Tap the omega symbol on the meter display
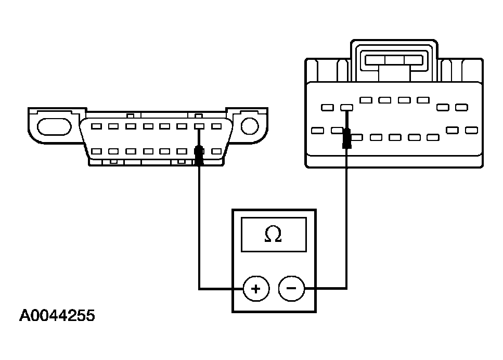(x=273, y=235)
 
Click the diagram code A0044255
(x=57, y=316)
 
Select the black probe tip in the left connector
(x=199, y=155)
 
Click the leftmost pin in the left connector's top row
(x=97, y=126)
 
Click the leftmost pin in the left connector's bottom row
(x=97, y=152)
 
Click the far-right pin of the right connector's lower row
(x=471, y=130)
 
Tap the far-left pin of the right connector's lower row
(x=317, y=130)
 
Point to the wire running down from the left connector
(x=199, y=224)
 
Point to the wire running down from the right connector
(x=346, y=218)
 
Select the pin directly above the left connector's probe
(x=199, y=126)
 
